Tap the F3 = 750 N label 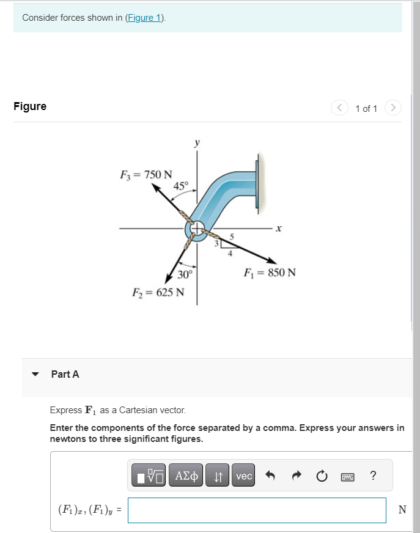click(146, 175)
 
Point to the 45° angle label click(182, 185)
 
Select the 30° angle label click(185, 274)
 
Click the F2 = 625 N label click(158, 292)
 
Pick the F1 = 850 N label click(269, 272)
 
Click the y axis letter click(196, 143)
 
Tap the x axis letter click(278, 229)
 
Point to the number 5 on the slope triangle click(231, 235)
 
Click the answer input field click(257, 510)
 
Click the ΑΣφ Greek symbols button click(186, 476)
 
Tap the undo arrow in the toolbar click(271, 476)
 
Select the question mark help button click(374, 476)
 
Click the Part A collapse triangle click(35, 374)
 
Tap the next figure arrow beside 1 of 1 click(394, 108)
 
